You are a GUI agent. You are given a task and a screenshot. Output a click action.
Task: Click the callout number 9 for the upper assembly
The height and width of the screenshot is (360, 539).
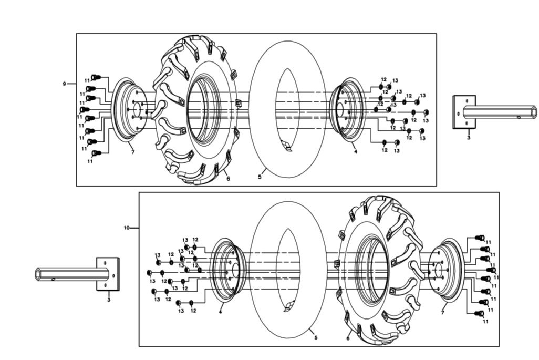coord(64,84)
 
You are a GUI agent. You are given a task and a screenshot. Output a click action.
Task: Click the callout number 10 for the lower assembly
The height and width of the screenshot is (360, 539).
coord(126,228)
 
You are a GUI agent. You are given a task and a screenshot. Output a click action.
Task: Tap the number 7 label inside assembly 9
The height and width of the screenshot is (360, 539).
coord(133,152)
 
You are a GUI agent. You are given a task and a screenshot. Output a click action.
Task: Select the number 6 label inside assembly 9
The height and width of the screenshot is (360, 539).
coord(228,179)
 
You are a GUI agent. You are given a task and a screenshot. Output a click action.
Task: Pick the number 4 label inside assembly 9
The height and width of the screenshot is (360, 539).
coord(356,152)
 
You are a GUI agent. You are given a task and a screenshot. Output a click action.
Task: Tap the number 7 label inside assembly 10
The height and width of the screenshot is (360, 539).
coord(443,313)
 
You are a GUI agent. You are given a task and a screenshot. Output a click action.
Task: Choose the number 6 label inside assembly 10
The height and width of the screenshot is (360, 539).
coord(348,339)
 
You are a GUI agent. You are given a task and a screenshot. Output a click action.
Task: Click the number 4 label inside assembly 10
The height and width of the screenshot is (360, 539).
coord(220,312)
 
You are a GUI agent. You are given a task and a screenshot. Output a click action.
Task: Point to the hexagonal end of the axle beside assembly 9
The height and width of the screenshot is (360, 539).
coord(533,111)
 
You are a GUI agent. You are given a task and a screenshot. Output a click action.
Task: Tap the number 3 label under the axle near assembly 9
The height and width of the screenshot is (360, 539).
coord(468,138)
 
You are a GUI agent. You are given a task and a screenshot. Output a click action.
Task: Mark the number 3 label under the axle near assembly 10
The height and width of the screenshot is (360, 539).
coord(108,300)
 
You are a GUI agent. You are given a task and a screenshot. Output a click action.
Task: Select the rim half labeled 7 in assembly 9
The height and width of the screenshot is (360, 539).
coord(126,110)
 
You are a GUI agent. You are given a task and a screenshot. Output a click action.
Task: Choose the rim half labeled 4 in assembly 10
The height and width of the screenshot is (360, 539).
coord(224,271)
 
